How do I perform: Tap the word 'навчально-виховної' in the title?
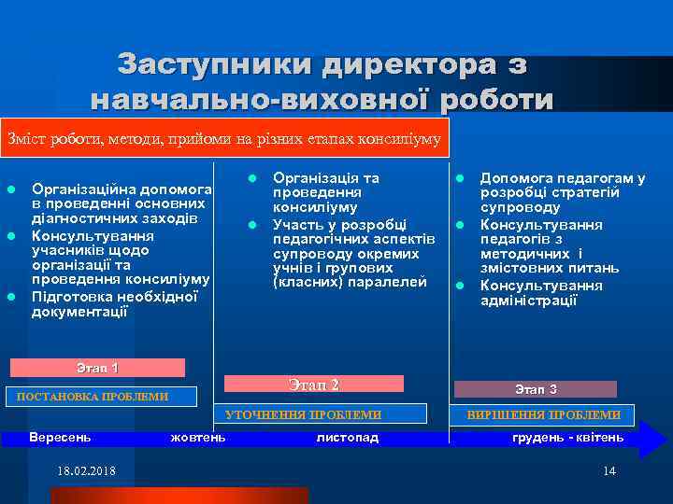(235, 100)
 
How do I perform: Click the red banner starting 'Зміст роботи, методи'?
(224, 138)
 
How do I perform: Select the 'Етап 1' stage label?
(97, 368)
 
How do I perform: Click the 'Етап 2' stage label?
(314, 385)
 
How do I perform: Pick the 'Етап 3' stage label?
(537, 389)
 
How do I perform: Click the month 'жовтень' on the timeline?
(198, 437)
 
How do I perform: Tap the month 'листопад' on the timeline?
(348, 437)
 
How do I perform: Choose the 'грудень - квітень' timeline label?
(567, 437)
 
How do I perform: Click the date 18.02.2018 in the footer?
(86, 470)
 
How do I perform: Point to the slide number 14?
(609, 470)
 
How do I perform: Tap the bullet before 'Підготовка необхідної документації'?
(11, 297)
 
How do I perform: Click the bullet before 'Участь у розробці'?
(252, 224)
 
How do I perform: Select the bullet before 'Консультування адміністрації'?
(460, 285)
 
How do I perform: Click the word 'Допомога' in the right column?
(512, 177)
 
